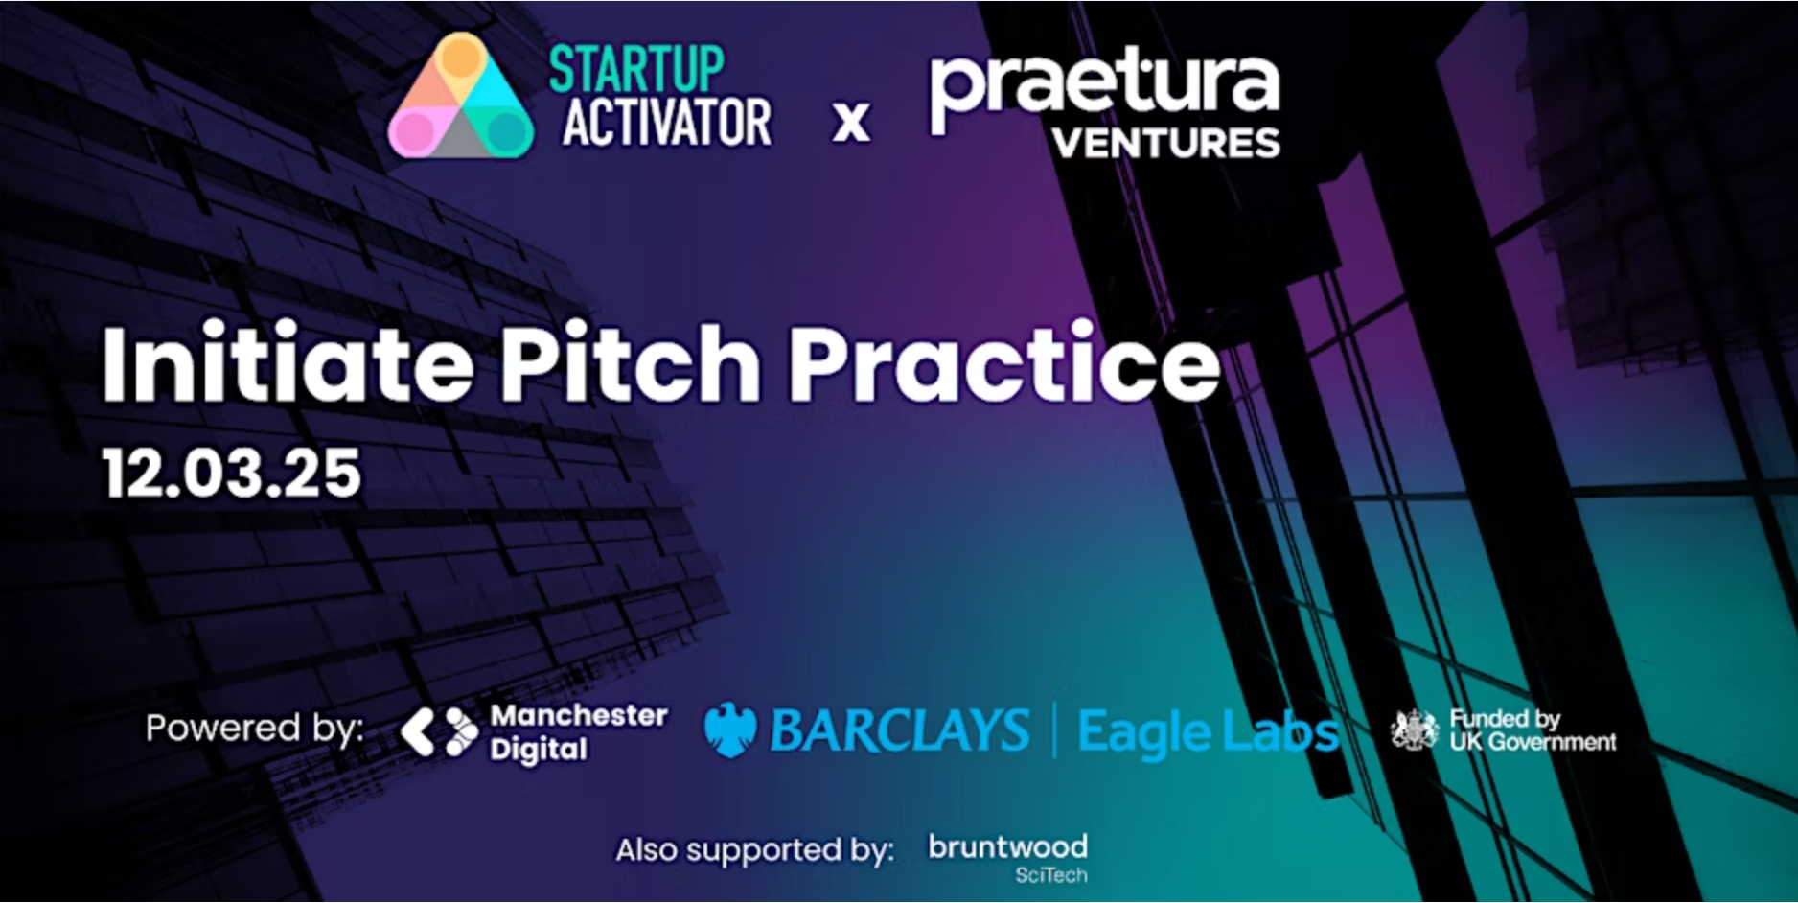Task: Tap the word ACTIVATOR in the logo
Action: click(x=667, y=122)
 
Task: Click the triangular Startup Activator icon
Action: click(x=461, y=96)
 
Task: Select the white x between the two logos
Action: click(x=851, y=123)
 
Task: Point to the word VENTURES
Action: click(x=1165, y=144)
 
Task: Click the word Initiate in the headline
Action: click(x=288, y=363)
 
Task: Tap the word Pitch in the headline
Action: click(x=630, y=363)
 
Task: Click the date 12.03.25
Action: click(x=232, y=473)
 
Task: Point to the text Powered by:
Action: click(x=255, y=729)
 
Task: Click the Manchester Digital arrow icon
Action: click(x=439, y=732)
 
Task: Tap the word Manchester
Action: click(x=579, y=715)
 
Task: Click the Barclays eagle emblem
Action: click(x=730, y=729)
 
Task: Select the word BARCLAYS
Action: click(x=900, y=730)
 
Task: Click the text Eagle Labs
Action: click(x=1209, y=732)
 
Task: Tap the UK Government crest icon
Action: click(x=1415, y=730)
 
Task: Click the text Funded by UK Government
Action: click(x=1533, y=730)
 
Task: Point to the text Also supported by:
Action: click(x=755, y=850)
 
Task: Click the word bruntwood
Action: click(x=1008, y=846)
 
